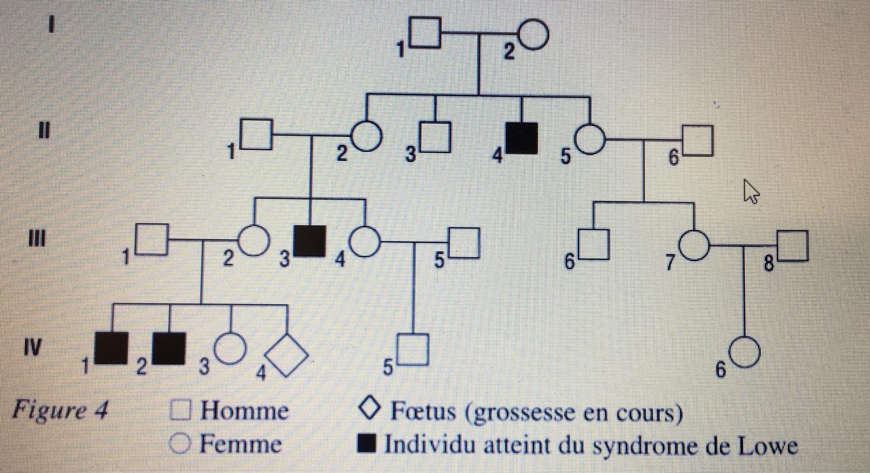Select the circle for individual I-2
[534, 35]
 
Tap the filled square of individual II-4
[522, 138]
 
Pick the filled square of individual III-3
[311, 241]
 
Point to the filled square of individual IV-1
[112, 347]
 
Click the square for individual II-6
[699, 141]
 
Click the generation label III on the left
[48, 238]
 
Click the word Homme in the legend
[244, 411]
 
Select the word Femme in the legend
[240, 444]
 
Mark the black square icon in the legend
[367, 444]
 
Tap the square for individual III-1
[152, 240]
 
